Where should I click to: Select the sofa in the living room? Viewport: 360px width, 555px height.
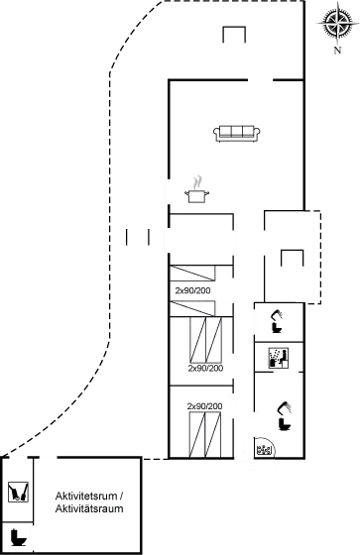tap(238, 133)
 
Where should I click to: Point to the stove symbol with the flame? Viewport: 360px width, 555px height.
tap(198, 185)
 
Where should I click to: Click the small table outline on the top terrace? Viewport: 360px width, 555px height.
tap(234, 36)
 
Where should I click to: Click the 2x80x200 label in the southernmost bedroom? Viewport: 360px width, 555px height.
tap(203, 405)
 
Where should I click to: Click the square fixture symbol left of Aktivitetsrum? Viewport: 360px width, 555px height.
tap(18, 493)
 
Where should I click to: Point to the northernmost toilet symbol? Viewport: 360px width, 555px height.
tap(279, 320)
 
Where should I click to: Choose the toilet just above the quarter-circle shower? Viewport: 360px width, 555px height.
tap(285, 415)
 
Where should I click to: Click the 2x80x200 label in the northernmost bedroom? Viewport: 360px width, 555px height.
tap(191, 291)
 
